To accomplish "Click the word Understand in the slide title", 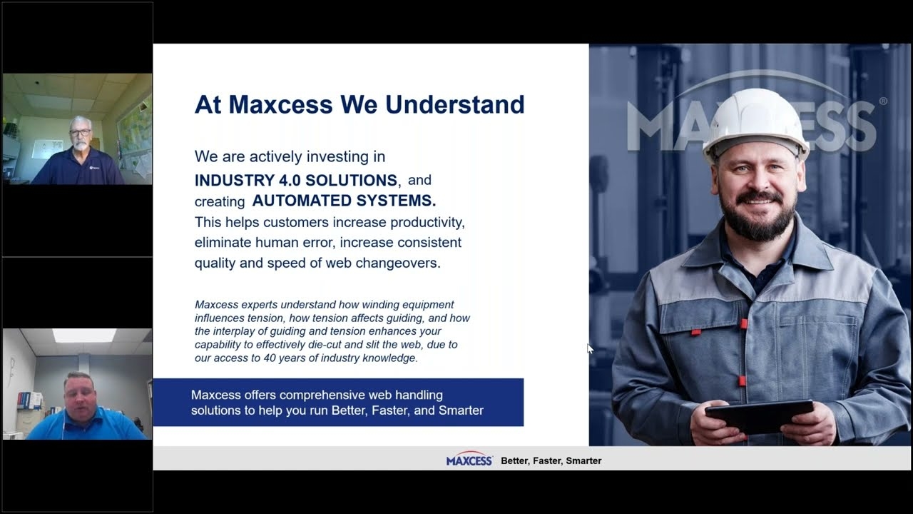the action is point(455,104).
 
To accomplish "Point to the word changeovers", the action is point(398,263).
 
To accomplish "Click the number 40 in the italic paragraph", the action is point(270,358).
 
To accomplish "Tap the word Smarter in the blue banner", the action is point(461,410).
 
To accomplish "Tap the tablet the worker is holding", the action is point(759,416).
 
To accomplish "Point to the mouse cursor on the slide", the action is point(590,348).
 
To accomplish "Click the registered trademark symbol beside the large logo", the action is point(883,101).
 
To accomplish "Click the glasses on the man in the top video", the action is point(80,133).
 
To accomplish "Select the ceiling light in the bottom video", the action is point(84,336).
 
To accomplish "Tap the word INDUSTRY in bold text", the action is point(235,181).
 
